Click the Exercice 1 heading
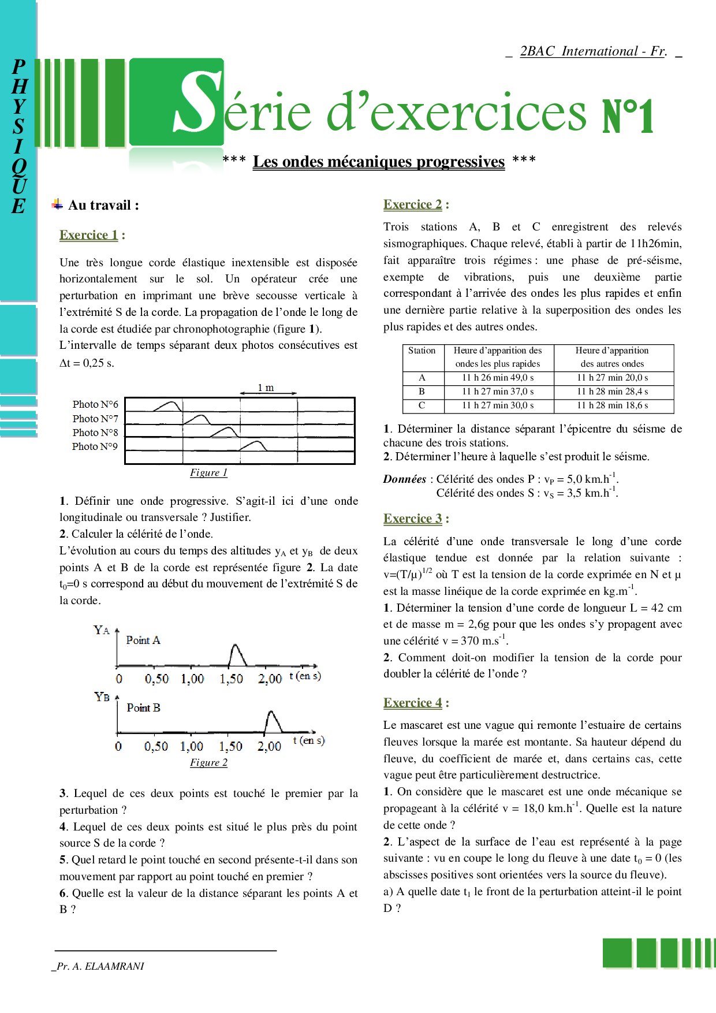(x=89, y=235)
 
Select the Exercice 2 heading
(x=413, y=204)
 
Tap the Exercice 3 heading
(x=413, y=519)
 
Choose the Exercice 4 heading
(x=413, y=703)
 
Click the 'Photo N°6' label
(x=95, y=404)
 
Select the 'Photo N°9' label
(x=95, y=446)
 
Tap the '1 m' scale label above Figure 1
(x=266, y=388)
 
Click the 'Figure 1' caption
(x=208, y=472)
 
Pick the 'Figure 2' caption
(x=208, y=762)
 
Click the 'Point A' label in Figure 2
(x=143, y=640)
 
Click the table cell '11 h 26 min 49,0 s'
(x=498, y=378)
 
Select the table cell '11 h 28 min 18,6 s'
(x=612, y=405)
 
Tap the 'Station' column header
(x=422, y=351)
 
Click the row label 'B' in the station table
(x=422, y=392)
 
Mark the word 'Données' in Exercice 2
(x=404, y=479)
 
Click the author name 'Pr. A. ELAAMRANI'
(x=99, y=966)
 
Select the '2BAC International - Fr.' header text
(x=593, y=51)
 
